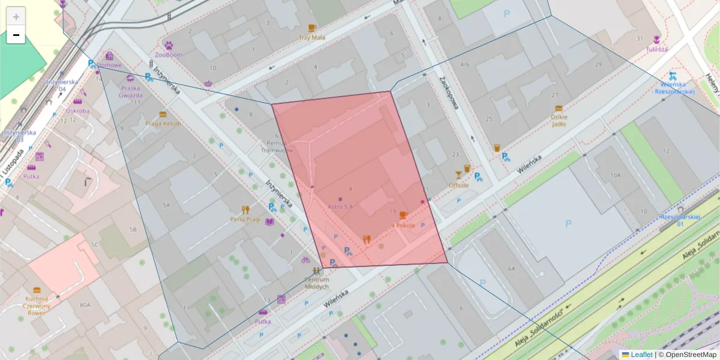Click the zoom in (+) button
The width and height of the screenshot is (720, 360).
pyautogui.click(x=16, y=16)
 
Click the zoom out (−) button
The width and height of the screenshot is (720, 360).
pyautogui.click(x=16, y=35)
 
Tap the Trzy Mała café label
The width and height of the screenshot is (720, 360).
pyautogui.click(x=311, y=37)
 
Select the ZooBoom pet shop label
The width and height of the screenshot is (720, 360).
pyautogui.click(x=168, y=55)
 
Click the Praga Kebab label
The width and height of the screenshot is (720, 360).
pyautogui.click(x=163, y=124)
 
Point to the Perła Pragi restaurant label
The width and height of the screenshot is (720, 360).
pyautogui.click(x=245, y=219)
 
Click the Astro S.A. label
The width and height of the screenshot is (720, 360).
pyautogui.click(x=340, y=206)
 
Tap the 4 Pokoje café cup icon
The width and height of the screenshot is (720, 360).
pyautogui.click(x=403, y=215)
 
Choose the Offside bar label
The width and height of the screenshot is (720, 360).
pyautogui.click(x=458, y=185)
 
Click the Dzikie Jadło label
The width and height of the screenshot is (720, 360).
pyautogui.click(x=559, y=125)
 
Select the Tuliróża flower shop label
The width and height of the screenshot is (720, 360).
pyautogui.click(x=657, y=49)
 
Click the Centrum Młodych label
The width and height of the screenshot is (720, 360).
pyautogui.click(x=317, y=283)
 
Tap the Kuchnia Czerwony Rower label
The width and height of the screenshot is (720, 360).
pyautogui.click(x=37, y=305)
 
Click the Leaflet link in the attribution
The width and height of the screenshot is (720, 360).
pyautogui.click(x=641, y=355)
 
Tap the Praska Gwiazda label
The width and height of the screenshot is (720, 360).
pyautogui.click(x=130, y=92)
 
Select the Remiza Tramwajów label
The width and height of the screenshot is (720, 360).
pyautogui.click(x=280, y=147)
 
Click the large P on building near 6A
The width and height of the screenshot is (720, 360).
pyautogui.click(x=568, y=223)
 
